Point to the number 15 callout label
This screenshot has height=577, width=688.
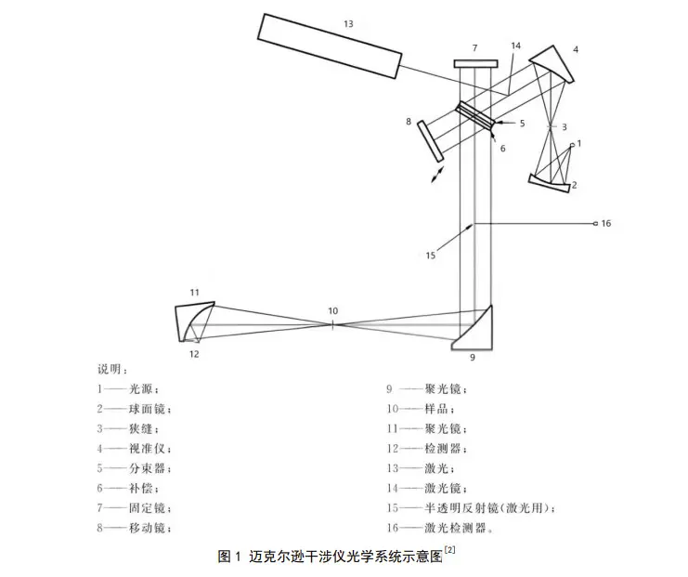click(431, 254)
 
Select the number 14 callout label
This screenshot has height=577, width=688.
click(515, 45)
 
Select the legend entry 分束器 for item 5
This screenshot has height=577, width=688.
click(158, 468)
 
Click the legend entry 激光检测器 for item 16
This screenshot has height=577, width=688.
click(454, 528)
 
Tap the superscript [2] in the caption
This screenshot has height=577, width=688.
click(449, 551)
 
